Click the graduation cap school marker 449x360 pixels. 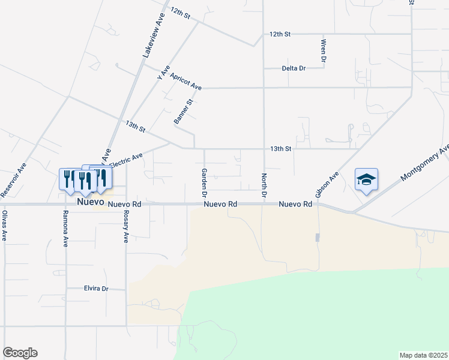click(366, 179)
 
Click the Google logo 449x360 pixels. click(20, 353)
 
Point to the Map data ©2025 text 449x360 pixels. click(423, 355)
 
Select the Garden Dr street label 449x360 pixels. click(204, 183)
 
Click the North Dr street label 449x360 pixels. click(264, 186)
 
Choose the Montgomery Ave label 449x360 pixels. click(425, 163)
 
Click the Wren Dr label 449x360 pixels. click(323, 51)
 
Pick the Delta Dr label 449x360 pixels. click(294, 68)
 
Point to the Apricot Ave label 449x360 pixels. click(185, 82)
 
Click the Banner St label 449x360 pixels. click(182, 112)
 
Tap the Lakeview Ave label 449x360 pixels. click(153, 36)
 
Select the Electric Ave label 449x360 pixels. click(126, 162)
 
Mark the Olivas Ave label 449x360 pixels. click(4, 226)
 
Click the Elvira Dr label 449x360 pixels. click(95, 289)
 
